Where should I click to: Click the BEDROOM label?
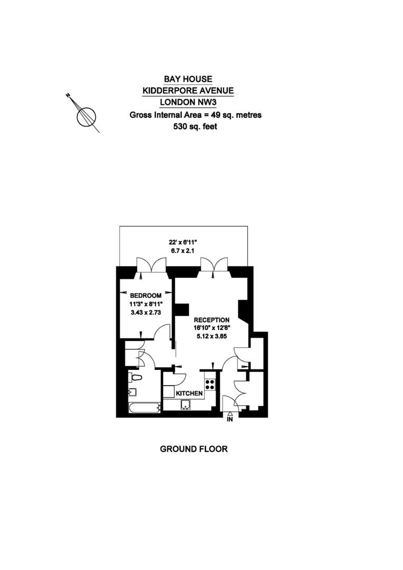[145, 296]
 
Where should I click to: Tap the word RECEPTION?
[212, 320]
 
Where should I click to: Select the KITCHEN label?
[189, 393]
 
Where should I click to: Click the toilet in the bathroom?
[135, 377]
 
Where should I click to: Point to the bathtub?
[144, 407]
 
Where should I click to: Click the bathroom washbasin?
[132, 392]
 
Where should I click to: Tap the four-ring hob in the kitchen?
[210, 384]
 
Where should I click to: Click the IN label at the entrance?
[230, 420]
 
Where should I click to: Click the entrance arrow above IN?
[230, 413]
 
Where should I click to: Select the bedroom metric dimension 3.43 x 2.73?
[145, 312]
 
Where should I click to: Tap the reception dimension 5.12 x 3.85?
[212, 336]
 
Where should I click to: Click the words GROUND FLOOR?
[194, 449]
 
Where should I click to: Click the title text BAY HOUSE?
[188, 79]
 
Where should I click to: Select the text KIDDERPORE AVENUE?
[188, 91]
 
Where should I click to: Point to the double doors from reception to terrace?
[214, 265]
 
